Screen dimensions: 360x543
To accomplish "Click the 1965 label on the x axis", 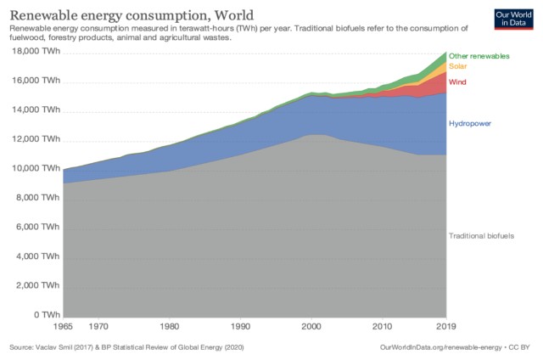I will click(x=63, y=325).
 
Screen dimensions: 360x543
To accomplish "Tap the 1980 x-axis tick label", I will click(x=170, y=325).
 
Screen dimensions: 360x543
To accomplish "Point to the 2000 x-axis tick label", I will click(x=312, y=325).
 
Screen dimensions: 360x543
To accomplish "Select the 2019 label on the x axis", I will click(x=447, y=325).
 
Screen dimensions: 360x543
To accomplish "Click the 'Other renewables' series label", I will click(x=479, y=56).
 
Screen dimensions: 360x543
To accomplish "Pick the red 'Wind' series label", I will click(x=458, y=82).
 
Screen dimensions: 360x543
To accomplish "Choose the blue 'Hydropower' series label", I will click(x=470, y=124).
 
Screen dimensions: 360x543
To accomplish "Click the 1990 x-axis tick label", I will click(x=241, y=325).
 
